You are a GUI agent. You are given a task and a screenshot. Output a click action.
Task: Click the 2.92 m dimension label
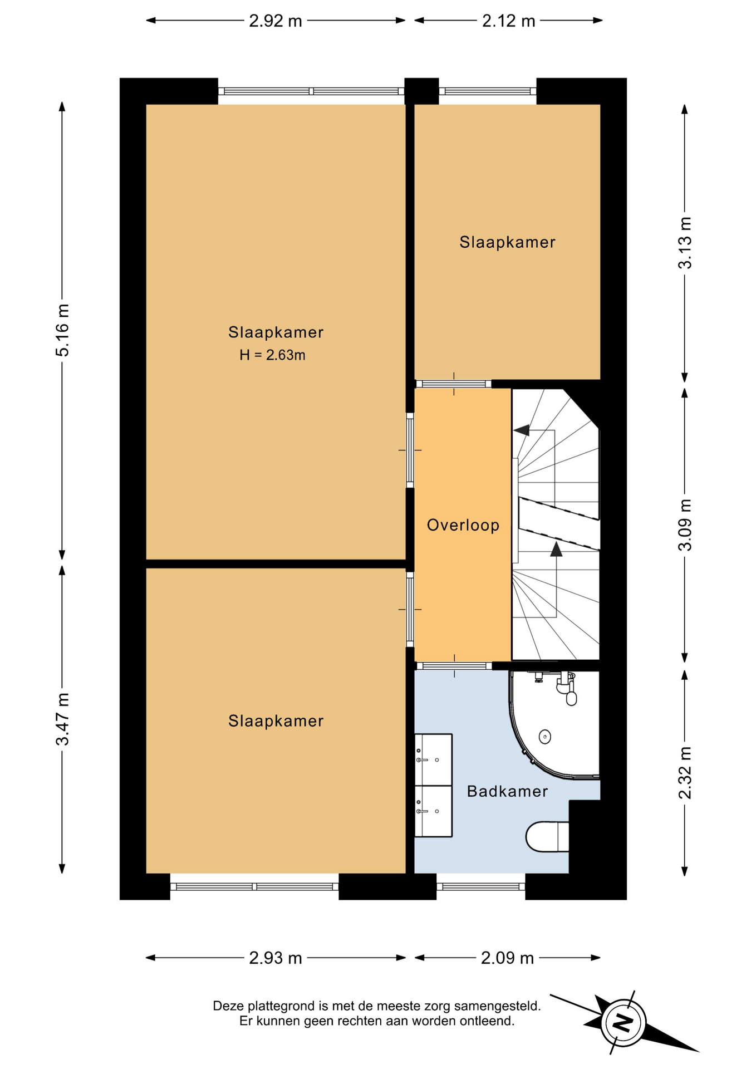pos(275,21)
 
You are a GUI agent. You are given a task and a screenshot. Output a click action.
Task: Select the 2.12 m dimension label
pos(508,21)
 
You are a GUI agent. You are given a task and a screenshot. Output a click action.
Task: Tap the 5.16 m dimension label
pos(62,330)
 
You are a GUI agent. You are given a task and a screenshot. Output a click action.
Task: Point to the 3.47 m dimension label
pos(62,719)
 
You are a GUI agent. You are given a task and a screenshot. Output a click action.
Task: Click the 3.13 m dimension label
pos(685,243)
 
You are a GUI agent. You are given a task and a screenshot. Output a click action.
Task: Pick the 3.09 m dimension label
pos(685,525)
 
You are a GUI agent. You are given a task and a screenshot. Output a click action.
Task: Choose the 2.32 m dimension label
pos(685,773)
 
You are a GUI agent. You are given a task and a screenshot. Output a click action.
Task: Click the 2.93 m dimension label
pos(275,958)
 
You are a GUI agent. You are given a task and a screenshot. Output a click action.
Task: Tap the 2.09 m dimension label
pos(507,958)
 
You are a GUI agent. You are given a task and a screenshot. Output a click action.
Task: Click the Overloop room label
pos(463,525)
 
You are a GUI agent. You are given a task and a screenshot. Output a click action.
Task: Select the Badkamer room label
pos(507,791)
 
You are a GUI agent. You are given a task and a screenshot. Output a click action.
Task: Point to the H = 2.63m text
pos(272,355)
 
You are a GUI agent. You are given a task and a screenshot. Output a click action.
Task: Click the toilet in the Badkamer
pos(547,836)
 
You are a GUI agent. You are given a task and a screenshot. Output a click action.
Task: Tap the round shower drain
pos(545,737)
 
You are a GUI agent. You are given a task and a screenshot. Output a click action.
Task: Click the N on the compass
pos(623,1022)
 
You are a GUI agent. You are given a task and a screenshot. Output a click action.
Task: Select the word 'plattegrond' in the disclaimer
pos(283,1006)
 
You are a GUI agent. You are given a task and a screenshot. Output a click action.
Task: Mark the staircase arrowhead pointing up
pos(556,550)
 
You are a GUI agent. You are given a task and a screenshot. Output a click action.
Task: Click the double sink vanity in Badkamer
pos(433,785)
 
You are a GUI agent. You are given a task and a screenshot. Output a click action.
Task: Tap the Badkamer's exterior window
pos(481,886)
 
